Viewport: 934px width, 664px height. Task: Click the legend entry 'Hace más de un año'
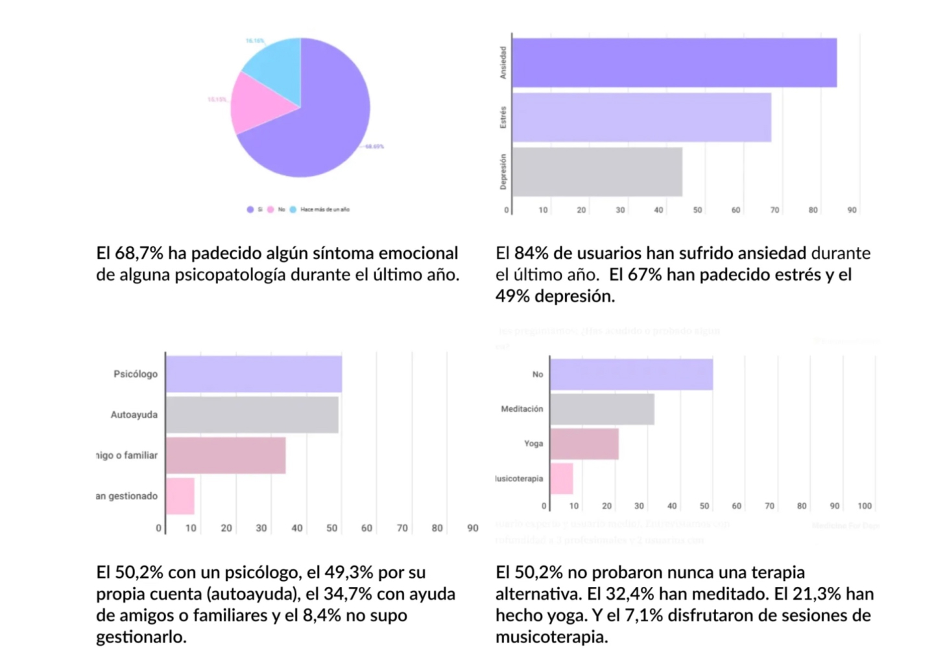coord(324,209)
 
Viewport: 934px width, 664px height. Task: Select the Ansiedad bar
coord(674,62)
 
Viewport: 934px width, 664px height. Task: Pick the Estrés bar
coord(641,117)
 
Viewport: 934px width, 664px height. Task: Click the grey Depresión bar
coord(597,172)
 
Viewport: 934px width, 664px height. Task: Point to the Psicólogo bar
coord(254,374)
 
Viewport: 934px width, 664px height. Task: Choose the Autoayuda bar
coord(252,415)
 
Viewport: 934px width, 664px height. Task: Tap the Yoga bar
coord(584,444)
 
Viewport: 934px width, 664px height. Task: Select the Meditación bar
coord(602,409)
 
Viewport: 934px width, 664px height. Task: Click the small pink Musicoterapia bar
coord(562,479)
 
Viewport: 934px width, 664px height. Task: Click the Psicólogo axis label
coord(136,374)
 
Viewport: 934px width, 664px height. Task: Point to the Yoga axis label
coord(534,444)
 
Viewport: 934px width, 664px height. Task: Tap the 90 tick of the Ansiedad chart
coord(852,210)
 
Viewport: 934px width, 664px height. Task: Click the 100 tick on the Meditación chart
coord(865,506)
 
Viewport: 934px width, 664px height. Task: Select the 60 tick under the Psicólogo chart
coord(366,528)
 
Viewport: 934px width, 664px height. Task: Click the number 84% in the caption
coord(531,253)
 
